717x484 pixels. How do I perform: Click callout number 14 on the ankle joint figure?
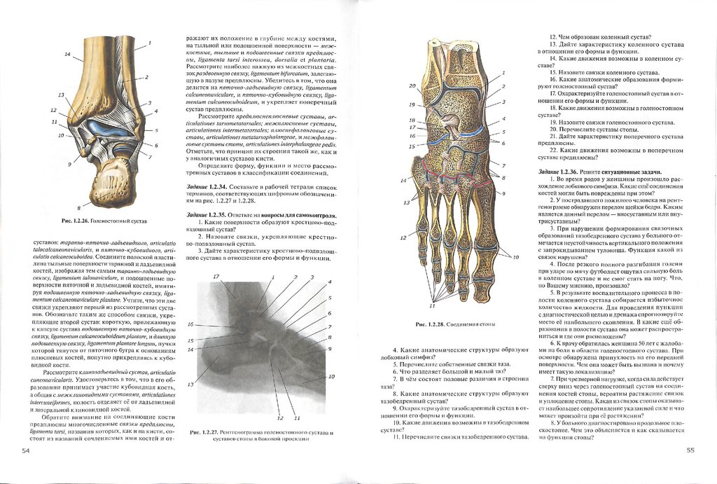(x=68, y=54)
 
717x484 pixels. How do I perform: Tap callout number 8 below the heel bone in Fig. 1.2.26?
(x=79, y=209)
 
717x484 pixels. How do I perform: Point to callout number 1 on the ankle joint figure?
(x=149, y=43)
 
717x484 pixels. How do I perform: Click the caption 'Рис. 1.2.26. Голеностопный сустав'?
(x=105, y=221)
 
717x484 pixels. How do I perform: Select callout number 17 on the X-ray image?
(x=216, y=277)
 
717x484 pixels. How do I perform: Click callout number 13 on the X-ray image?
(x=190, y=385)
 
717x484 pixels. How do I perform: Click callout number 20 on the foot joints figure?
(x=412, y=86)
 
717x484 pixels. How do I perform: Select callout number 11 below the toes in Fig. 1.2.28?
(x=432, y=305)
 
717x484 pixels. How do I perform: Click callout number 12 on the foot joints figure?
(x=404, y=237)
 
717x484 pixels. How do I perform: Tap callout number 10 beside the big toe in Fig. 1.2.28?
(x=515, y=258)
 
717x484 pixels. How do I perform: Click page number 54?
(x=26, y=451)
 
